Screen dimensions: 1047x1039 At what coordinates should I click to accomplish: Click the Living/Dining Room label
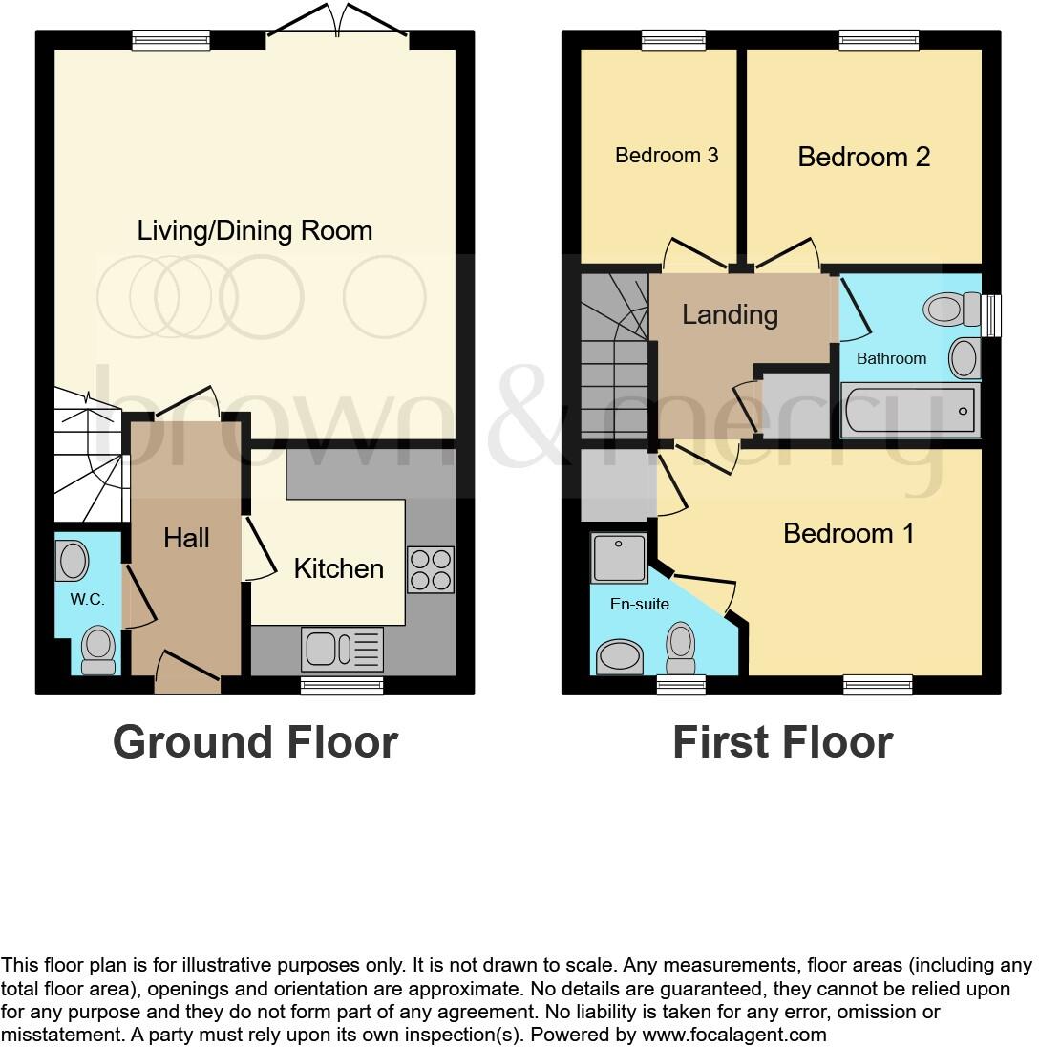click(x=254, y=230)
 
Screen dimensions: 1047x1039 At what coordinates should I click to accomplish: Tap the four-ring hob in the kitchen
click(x=430, y=569)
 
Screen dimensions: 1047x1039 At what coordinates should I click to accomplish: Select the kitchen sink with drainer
click(x=342, y=649)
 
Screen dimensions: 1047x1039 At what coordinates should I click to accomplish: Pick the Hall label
click(x=186, y=538)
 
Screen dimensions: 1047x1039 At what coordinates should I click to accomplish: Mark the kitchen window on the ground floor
click(x=342, y=684)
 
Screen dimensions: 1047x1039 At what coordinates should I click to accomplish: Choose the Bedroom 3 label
click(x=666, y=155)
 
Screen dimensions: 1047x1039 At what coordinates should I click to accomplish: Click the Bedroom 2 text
click(x=863, y=157)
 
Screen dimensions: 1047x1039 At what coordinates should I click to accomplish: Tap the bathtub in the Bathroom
click(x=909, y=410)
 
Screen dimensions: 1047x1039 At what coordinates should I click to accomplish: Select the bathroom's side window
click(x=993, y=315)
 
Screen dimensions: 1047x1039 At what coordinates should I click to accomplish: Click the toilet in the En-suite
click(x=681, y=649)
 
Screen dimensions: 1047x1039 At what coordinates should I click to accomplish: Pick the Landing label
click(x=730, y=314)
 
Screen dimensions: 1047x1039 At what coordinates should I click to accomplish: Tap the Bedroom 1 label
click(x=848, y=532)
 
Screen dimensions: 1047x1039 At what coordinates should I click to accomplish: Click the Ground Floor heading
click(x=255, y=742)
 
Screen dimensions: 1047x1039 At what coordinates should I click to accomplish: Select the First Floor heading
click(x=782, y=742)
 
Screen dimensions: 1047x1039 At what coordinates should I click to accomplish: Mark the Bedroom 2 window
click(x=879, y=39)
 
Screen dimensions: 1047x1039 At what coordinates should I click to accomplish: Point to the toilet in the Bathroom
click(x=951, y=309)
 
